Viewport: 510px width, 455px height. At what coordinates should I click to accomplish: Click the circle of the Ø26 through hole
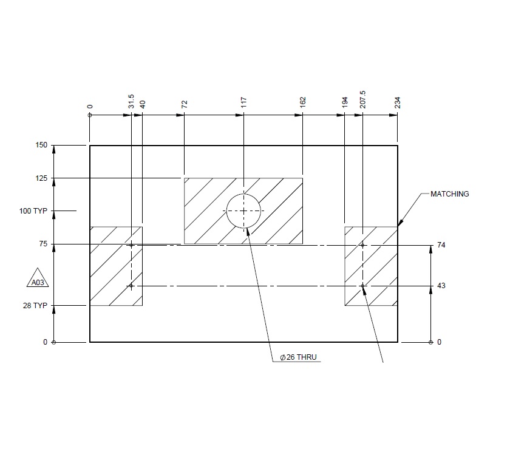[x=243, y=211]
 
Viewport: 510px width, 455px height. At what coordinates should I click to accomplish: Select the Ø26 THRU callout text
[x=297, y=358]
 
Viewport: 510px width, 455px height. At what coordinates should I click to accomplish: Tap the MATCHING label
[x=449, y=194]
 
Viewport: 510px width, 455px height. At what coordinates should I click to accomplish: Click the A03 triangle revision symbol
[x=38, y=280]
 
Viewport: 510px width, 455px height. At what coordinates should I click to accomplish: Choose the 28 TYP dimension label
[x=35, y=306]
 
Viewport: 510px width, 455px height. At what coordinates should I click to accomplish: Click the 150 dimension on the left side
[x=42, y=146]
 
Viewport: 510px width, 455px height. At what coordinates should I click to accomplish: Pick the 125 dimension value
[x=42, y=178]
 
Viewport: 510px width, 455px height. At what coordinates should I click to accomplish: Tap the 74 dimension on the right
[x=441, y=246]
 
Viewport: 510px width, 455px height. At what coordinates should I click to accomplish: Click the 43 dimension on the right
[x=441, y=286]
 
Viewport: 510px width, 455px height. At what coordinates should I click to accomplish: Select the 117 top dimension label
[x=243, y=102]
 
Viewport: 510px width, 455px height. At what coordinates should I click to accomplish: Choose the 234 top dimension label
[x=398, y=102]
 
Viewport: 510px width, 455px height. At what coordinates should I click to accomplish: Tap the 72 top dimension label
[x=184, y=104]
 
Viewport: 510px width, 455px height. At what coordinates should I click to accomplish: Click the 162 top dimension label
[x=302, y=102]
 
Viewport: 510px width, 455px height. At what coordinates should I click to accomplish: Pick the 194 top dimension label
[x=344, y=102]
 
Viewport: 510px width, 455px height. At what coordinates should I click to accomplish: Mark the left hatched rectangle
[x=116, y=266]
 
